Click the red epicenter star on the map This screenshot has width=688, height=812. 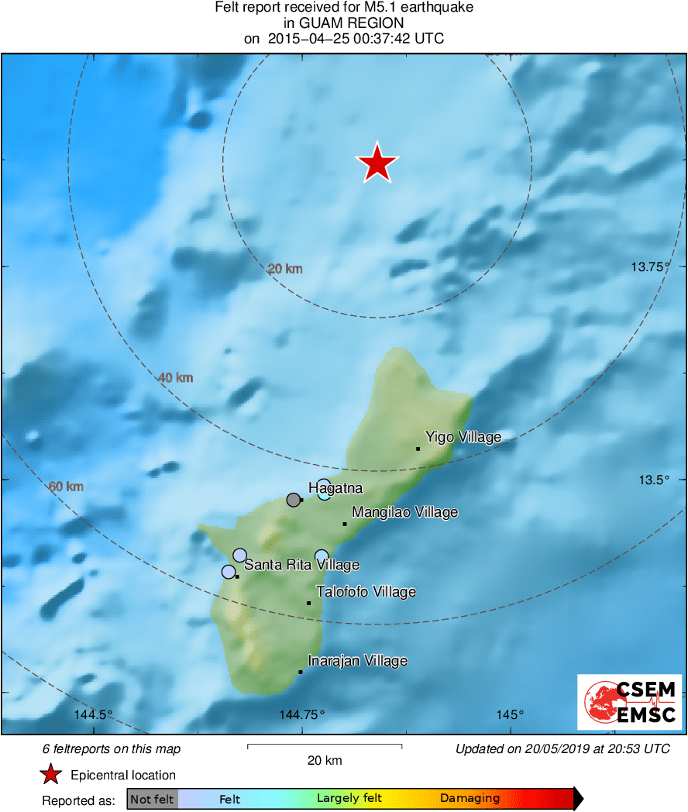point(377,164)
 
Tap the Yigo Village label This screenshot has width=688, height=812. point(463,438)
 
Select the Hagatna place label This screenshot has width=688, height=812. point(335,488)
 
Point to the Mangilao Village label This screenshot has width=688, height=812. point(404,512)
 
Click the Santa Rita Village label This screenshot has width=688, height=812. point(301,565)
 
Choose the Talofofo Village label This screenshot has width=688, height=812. point(366,592)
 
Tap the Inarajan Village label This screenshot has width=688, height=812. point(357,661)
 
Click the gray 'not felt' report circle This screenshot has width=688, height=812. point(294,500)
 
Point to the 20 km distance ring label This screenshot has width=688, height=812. point(285,269)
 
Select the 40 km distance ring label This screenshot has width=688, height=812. point(175,378)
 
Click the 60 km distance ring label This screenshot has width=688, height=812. point(66,487)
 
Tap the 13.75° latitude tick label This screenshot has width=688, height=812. point(649,267)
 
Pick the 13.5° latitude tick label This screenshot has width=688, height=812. point(653,480)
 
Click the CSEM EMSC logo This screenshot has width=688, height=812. point(629,702)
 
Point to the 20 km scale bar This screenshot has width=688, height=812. point(324,746)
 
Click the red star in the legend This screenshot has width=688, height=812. point(51,775)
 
